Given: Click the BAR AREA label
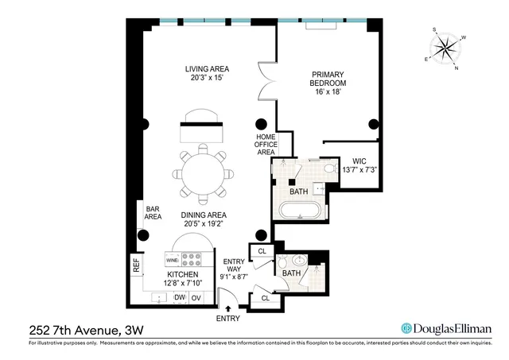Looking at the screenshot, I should click(153, 212).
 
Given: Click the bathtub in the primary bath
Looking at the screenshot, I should click(300, 211).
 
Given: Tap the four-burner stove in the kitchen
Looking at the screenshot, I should click(193, 259).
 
